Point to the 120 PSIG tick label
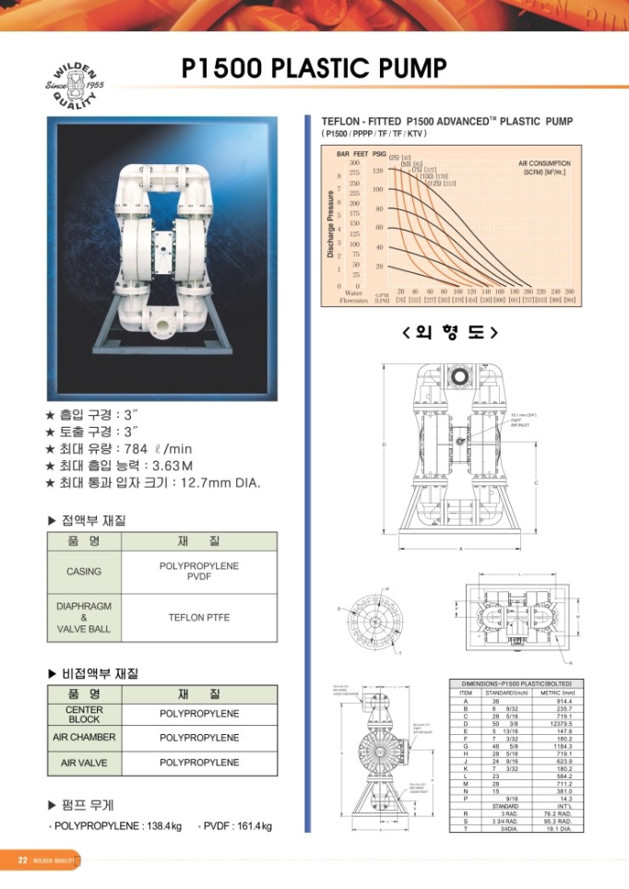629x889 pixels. tap(377, 171)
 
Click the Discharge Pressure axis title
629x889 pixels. tap(331, 224)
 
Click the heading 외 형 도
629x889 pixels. tap(450, 332)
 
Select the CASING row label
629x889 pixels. tap(84, 572)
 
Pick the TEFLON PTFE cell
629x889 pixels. tap(199, 618)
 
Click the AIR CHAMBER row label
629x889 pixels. tap(84, 738)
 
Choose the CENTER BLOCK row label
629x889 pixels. tap(84, 714)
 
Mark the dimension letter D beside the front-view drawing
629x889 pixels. tap(383, 445)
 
